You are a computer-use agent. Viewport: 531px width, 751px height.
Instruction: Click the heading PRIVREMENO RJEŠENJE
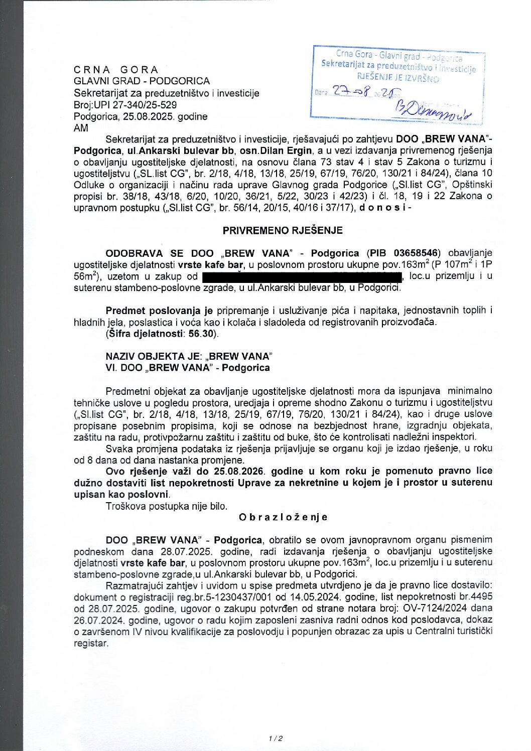pyautogui.click(x=283, y=230)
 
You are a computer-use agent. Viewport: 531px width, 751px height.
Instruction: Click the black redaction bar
pyautogui.click(x=302, y=276)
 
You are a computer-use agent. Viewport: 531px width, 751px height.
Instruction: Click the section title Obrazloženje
pyautogui.click(x=283, y=517)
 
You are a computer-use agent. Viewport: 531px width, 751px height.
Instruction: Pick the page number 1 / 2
pyautogui.click(x=276, y=738)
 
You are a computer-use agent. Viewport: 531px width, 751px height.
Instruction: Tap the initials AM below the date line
pyautogui.click(x=81, y=128)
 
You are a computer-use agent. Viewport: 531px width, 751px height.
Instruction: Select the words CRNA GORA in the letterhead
pyautogui.click(x=116, y=70)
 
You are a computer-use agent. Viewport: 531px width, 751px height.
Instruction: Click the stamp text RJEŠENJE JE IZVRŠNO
pyautogui.click(x=397, y=77)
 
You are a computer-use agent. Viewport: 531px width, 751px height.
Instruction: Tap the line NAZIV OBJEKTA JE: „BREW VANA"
pyautogui.click(x=189, y=356)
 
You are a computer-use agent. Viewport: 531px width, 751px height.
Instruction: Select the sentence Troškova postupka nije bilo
pyautogui.click(x=166, y=506)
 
